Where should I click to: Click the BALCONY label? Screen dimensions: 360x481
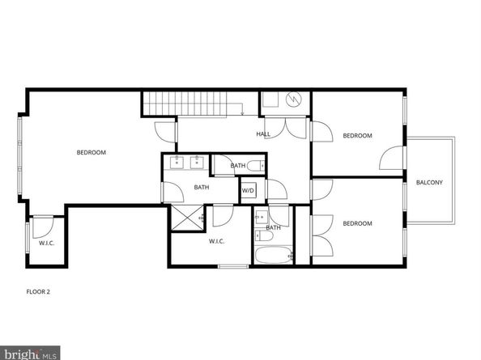[x=429, y=182]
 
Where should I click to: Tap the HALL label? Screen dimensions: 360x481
[x=263, y=133]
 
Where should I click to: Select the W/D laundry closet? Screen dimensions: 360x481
[x=249, y=191]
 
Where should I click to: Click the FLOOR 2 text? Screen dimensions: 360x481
[x=38, y=290]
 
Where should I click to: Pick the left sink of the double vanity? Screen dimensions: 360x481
[x=176, y=163]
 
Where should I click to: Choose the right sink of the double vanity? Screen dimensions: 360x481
[x=196, y=163]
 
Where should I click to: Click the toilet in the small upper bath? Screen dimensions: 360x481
[x=255, y=166]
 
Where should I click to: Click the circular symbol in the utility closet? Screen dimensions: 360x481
[x=294, y=100]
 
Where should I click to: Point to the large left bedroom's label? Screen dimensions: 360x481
[x=91, y=152]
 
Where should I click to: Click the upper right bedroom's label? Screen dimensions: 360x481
[x=357, y=135]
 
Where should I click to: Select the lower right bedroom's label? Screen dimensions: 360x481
[x=357, y=223]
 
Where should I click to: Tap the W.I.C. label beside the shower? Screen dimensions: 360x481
[x=216, y=241]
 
